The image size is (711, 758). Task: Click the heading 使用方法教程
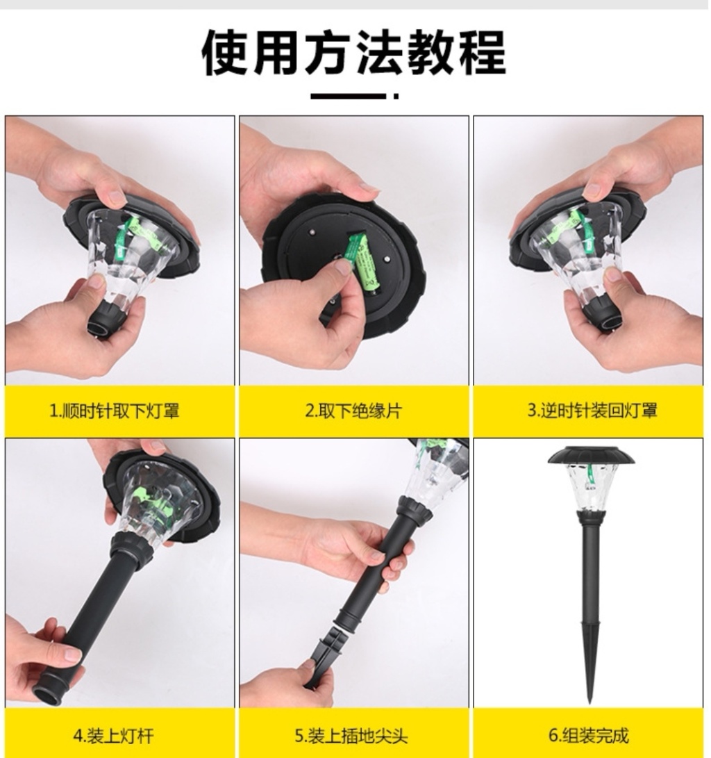tap(353, 53)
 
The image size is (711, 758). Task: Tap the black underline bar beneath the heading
tap(349, 96)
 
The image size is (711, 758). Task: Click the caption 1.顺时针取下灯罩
tap(115, 411)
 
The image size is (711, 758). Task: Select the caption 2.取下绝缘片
tap(353, 411)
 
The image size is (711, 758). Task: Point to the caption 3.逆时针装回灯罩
tap(592, 411)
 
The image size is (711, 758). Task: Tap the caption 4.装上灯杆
tap(113, 736)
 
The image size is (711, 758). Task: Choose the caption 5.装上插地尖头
tap(351, 736)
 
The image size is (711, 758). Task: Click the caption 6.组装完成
tap(589, 735)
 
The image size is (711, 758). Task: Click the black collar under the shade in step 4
tap(133, 550)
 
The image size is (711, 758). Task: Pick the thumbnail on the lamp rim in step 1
tap(113, 197)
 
